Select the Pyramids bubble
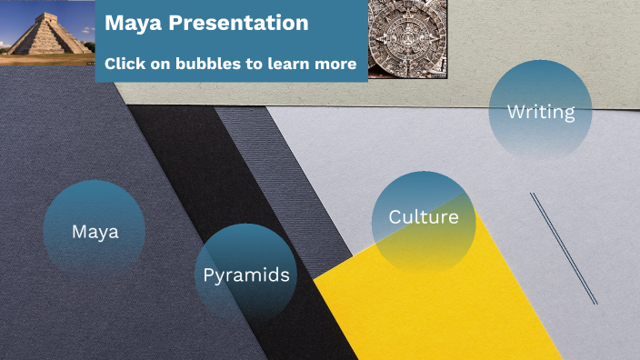pos(246,275)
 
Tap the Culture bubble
pos(424,218)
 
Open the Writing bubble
pos(541,112)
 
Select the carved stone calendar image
pos(409,38)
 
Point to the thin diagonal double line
pos(564,248)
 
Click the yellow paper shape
pos(455,300)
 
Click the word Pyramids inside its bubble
pos(246,275)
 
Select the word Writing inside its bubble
pos(541,112)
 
